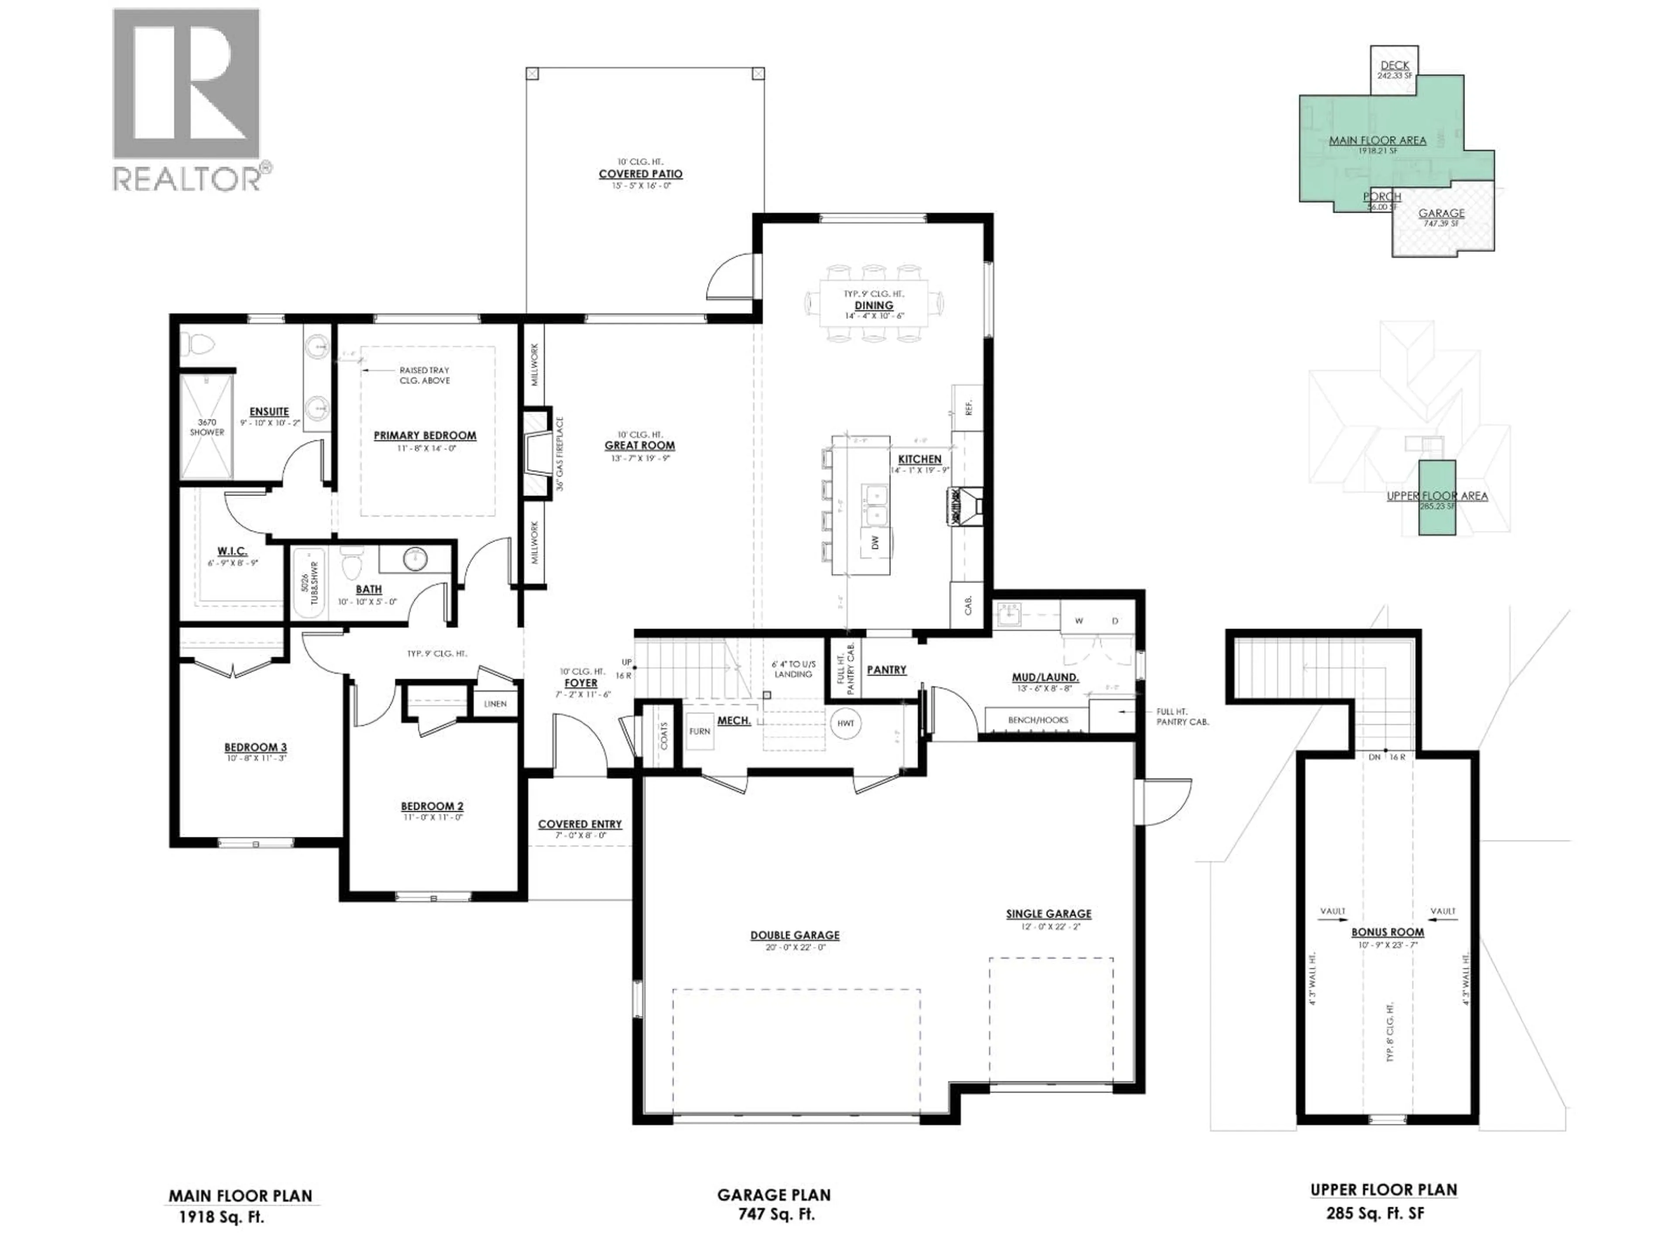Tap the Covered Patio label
[x=640, y=174]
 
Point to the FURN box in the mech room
[x=699, y=731]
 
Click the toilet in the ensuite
[x=199, y=345]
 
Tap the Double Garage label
[x=795, y=935]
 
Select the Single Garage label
[x=1049, y=914]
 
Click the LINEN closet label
[x=495, y=704]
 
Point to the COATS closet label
[x=664, y=735]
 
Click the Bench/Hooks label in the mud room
[x=1037, y=720]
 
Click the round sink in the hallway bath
[x=415, y=559]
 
